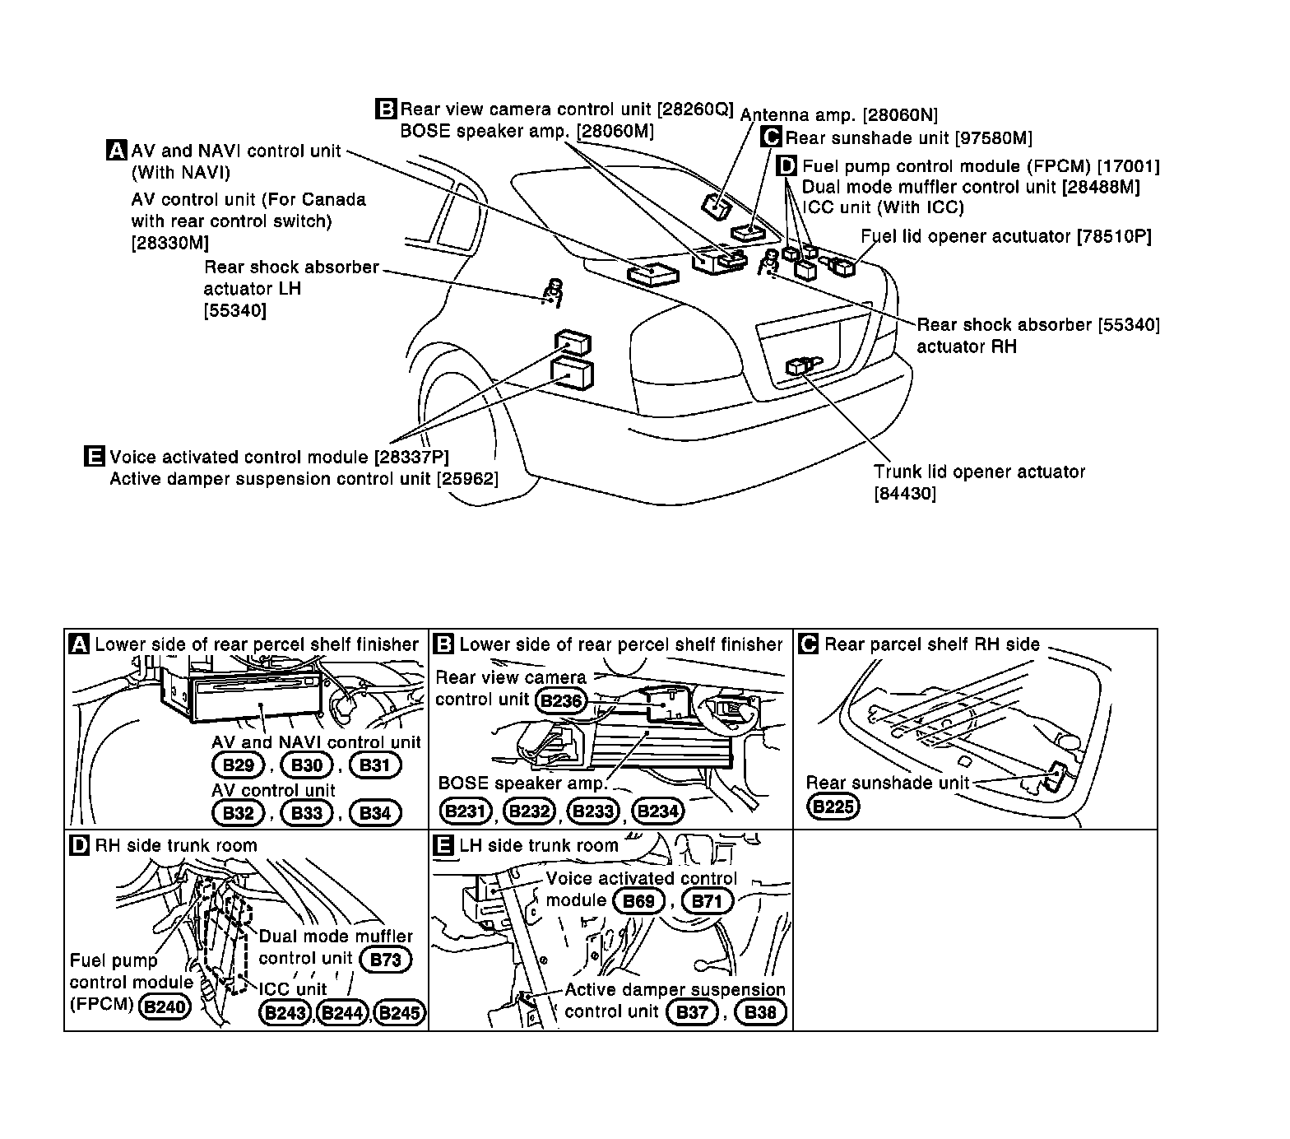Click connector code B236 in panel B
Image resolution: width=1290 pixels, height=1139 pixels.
click(562, 701)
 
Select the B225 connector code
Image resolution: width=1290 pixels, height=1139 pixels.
click(833, 807)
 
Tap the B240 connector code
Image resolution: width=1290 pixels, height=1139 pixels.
click(165, 1006)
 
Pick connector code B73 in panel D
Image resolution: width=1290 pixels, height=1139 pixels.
click(385, 960)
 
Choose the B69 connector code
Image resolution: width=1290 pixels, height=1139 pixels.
click(638, 901)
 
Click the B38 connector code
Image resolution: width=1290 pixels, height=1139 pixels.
click(760, 1012)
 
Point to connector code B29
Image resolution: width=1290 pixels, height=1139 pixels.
click(238, 765)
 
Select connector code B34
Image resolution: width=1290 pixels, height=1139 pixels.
click(375, 813)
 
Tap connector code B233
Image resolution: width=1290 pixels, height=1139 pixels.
click(593, 811)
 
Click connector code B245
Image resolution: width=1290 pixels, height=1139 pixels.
click(401, 1013)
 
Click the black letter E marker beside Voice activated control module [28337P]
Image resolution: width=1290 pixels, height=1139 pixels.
click(95, 457)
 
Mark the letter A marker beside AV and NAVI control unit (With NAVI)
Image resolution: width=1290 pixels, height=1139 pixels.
click(117, 151)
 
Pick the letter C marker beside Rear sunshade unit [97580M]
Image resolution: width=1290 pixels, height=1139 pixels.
click(772, 137)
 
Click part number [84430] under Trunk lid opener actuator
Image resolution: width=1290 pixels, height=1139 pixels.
click(905, 494)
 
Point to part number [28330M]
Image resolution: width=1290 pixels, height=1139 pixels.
click(169, 243)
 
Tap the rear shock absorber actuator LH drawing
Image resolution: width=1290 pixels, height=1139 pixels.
click(552, 291)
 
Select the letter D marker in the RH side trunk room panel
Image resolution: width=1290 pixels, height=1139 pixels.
click(80, 845)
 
